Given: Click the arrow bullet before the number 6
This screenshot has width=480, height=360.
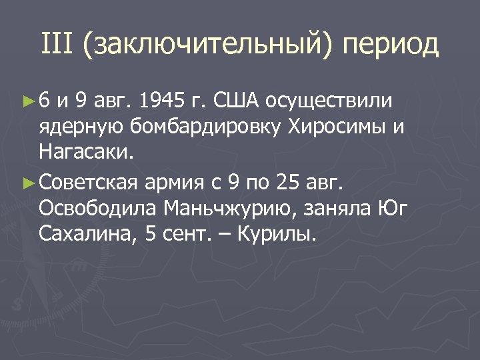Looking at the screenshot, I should (x=28, y=101).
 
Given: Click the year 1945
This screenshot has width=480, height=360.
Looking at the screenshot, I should (x=161, y=101).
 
